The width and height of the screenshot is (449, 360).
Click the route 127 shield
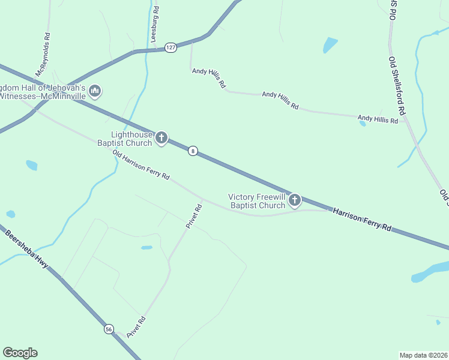(x=171, y=47)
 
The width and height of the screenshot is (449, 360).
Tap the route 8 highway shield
(x=192, y=151)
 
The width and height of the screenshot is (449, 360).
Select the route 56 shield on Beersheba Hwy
(x=109, y=329)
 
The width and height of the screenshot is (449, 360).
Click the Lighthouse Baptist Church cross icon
(x=161, y=138)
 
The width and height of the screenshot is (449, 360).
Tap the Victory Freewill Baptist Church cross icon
(x=294, y=200)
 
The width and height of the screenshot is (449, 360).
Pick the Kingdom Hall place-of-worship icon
(x=94, y=91)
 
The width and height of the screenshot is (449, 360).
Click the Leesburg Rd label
(x=155, y=23)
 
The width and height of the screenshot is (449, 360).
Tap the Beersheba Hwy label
(x=27, y=248)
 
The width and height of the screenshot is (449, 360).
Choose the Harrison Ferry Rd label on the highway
(x=362, y=220)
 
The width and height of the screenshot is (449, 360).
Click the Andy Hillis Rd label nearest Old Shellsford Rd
(x=378, y=120)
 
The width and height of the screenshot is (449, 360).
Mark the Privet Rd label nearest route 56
(x=136, y=327)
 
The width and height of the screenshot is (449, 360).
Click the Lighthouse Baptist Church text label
(x=131, y=139)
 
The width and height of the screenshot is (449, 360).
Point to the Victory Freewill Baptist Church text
(x=257, y=201)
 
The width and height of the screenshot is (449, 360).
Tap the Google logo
(x=20, y=353)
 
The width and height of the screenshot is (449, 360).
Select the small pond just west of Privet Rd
(x=146, y=247)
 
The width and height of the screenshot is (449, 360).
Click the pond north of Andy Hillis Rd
(x=330, y=44)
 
